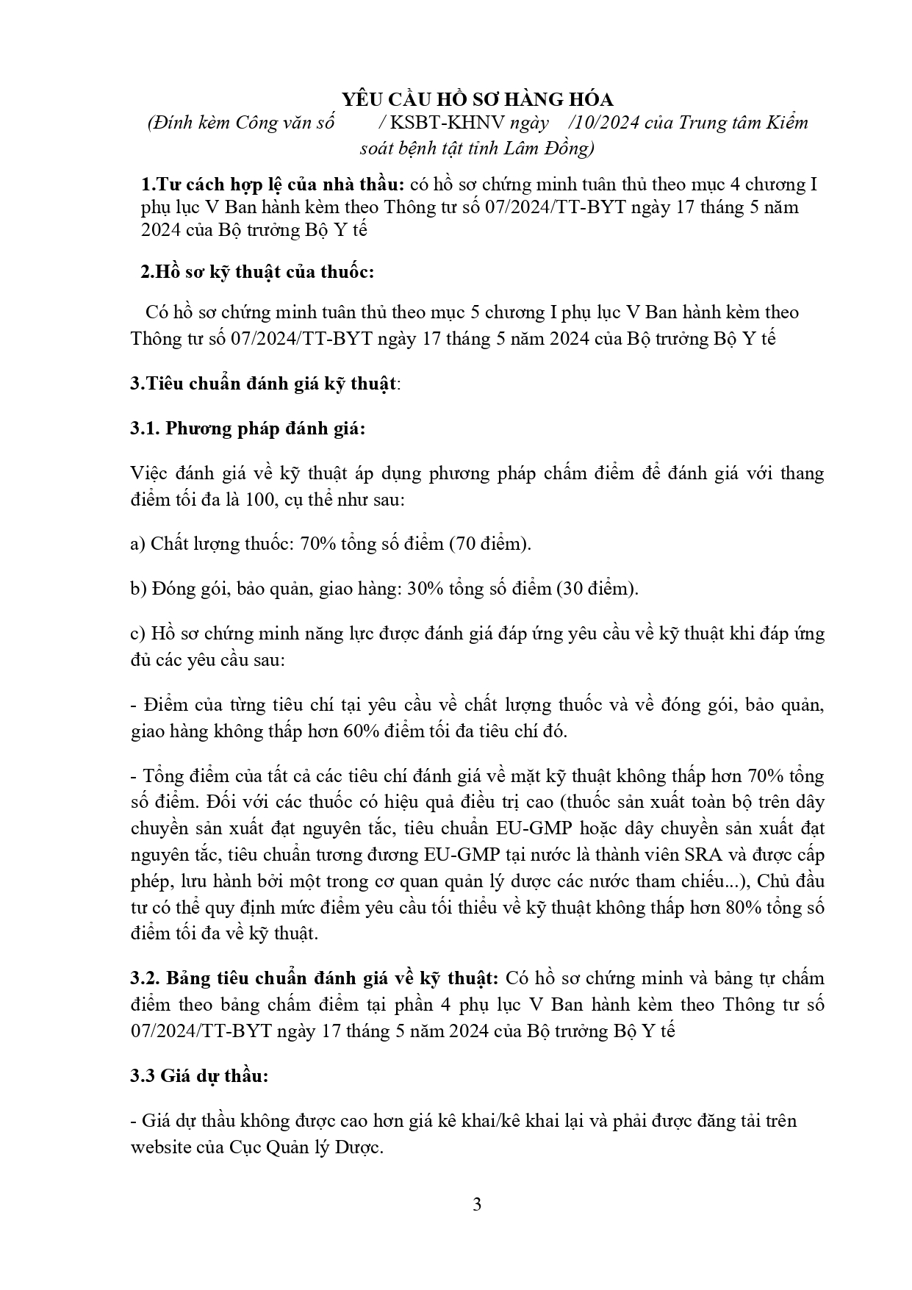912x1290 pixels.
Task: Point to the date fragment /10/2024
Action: tap(598, 123)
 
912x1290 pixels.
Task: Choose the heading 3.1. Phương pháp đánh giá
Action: tap(247, 429)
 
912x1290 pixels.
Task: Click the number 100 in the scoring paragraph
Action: tap(258, 501)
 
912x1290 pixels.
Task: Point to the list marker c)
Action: tap(137, 634)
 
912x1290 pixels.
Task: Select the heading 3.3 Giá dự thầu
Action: tap(199, 1076)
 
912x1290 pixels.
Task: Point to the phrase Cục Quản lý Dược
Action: tap(305, 1147)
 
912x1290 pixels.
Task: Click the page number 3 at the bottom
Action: tap(477, 1205)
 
